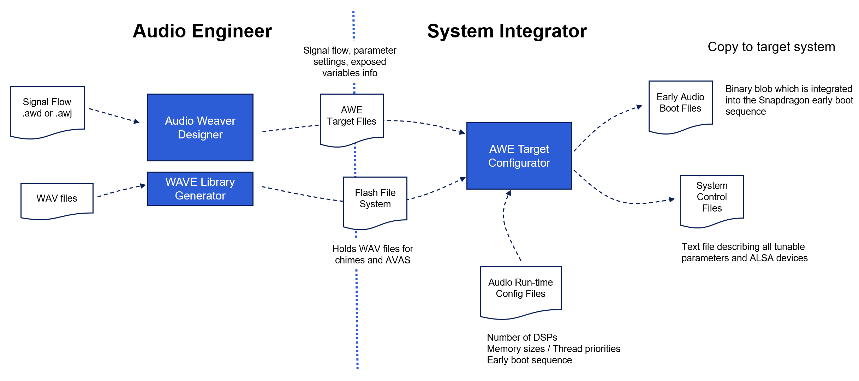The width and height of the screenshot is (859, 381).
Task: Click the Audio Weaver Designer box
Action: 200,127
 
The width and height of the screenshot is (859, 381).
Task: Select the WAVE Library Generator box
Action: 200,189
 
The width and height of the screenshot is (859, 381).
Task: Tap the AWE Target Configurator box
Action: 519,156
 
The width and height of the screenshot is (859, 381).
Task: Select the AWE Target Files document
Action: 351,118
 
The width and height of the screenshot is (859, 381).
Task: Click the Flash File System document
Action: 375,200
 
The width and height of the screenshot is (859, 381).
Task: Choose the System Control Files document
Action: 712,198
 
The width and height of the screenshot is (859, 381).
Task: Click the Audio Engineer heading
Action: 202,31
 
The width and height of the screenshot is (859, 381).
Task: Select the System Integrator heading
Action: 507,31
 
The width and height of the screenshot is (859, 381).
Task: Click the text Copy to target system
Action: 771,47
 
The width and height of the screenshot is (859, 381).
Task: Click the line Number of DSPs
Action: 522,338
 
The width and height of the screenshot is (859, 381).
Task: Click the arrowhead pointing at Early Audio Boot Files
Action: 639,107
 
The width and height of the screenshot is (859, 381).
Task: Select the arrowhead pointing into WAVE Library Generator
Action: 143,185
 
